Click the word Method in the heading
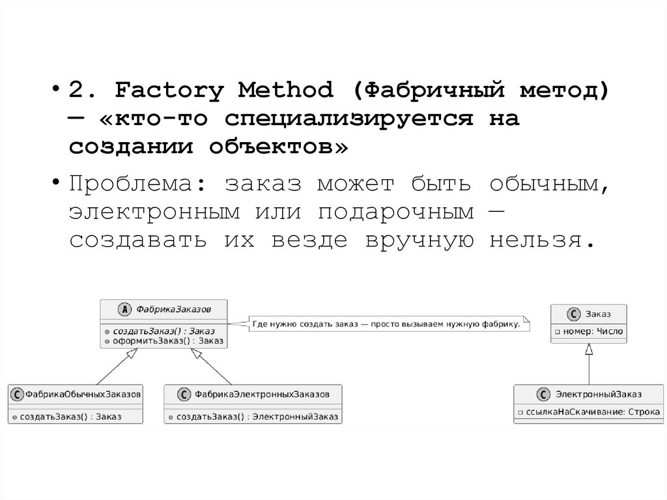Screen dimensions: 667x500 [x=285, y=89]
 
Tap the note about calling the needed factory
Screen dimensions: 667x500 [x=386, y=323]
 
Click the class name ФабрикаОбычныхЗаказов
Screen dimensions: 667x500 [x=83, y=394]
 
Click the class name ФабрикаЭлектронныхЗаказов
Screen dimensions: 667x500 [x=261, y=394]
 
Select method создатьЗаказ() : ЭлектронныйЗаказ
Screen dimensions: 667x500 [x=257, y=416]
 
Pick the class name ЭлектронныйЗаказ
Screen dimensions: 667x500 [x=598, y=394]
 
